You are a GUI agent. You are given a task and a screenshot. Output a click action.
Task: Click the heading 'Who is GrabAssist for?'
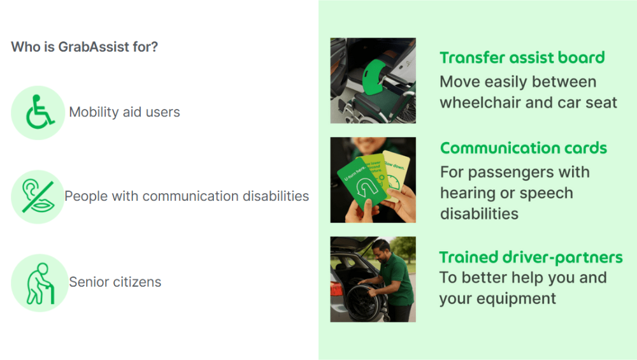(85, 47)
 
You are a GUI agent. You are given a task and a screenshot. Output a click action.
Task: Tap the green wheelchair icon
(39, 112)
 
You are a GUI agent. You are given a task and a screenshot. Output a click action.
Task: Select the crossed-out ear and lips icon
(38, 196)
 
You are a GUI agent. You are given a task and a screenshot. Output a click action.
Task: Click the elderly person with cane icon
(39, 283)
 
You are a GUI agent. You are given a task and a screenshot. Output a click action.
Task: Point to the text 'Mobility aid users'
(124, 112)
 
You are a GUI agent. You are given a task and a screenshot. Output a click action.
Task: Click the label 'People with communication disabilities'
(187, 196)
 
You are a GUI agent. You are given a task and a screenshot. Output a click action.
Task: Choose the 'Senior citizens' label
(115, 282)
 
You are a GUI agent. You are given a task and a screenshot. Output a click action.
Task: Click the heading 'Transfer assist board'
(522, 58)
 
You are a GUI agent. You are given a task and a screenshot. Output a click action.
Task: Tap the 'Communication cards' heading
(523, 148)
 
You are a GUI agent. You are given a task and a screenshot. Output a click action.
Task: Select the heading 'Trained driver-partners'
(531, 257)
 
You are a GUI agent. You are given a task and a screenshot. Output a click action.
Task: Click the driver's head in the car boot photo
(382, 250)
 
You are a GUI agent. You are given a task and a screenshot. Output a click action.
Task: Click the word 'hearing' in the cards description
(468, 194)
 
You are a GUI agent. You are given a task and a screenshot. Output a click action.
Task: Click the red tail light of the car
(336, 289)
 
